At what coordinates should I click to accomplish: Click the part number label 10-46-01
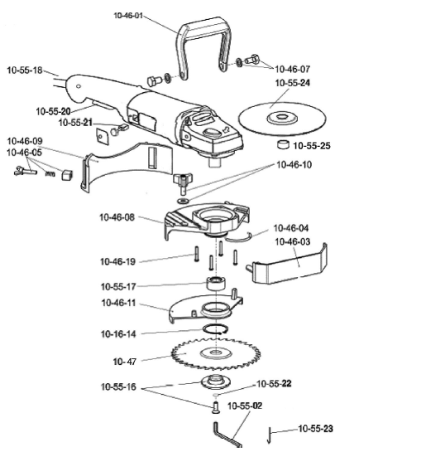[128, 16]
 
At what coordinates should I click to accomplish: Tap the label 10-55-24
[292, 83]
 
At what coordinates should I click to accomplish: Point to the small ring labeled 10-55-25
[283, 145]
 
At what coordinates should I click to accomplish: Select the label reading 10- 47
[125, 361]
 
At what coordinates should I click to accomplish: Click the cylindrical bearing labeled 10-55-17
[216, 283]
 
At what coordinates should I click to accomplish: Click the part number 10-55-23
[315, 429]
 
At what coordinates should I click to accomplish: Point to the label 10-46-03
[292, 242]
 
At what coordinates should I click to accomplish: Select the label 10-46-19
[118, 262]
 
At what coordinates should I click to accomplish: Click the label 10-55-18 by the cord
[25, 70]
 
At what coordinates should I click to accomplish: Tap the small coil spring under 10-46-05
[50, 174]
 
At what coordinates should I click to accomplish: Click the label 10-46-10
[294, 165]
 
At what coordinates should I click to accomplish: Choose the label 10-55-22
[274, 384]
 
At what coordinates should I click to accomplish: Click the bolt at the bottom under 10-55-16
[215, 407]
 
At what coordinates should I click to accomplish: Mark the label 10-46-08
[117, 218]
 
